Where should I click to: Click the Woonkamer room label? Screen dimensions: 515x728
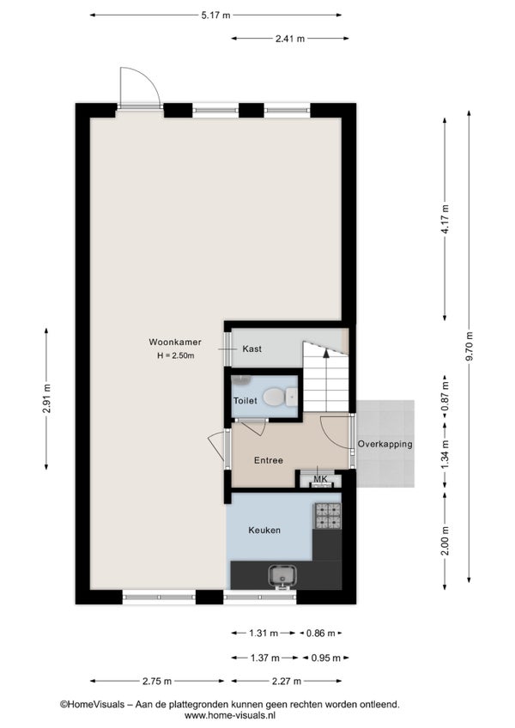(175, 343)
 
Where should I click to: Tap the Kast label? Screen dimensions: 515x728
(252, 349)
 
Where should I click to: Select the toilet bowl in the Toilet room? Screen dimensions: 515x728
(274, 397)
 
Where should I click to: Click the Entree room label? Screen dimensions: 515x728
(269, 460)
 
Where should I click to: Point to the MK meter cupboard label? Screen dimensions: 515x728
(320, 479)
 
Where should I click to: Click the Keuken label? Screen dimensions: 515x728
(264, 531)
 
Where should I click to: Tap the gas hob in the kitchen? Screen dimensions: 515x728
(329, 516)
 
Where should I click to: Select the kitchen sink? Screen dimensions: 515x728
(282, 576)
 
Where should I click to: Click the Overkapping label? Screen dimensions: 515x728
(385, 444)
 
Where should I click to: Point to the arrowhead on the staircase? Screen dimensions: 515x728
(326, 352)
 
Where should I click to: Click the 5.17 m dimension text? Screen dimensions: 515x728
(215, 15)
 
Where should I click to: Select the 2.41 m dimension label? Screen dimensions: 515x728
(290, 39)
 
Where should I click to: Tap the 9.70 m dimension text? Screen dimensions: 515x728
(469, 346)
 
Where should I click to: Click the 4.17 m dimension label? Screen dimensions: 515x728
(445, 220)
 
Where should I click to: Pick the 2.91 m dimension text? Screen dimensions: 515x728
(46, 399)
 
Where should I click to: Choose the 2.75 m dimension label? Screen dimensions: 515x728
(157, 681)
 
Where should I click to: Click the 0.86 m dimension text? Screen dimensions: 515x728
(321, 633)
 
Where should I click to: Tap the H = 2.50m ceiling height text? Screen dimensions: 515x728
(176, 356)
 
